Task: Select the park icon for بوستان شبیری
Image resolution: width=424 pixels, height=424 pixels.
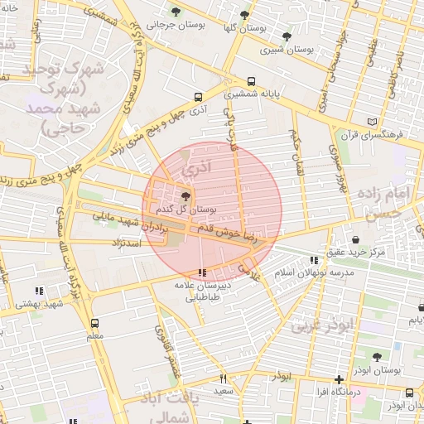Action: pyautogui.click(x=287, y=36)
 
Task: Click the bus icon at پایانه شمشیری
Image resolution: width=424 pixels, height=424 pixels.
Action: pyautogui.click(x=251, y=82)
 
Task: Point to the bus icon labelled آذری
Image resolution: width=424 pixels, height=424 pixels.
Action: pyautogui.click(x=197, y=96)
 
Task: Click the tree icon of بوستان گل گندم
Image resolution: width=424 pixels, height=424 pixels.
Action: pyautogui.click(x=185, y=197)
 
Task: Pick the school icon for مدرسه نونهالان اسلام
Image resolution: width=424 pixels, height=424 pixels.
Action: pyautogui.click(x=312, y=259)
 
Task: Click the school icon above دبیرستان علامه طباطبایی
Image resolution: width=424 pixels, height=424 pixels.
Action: pyautogui.click(x=203, y=272)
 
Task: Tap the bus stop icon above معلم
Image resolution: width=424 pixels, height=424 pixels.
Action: pyautogui.click(x=94, y=323)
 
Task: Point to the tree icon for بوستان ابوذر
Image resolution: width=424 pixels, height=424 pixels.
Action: pyautogui.click(x=377, y=357)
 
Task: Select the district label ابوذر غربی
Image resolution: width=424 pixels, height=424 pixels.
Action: pyautogui.click(x=315, y=325)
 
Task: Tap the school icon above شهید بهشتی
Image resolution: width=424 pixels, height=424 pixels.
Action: pyautogui.click(x=38, y=290)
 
